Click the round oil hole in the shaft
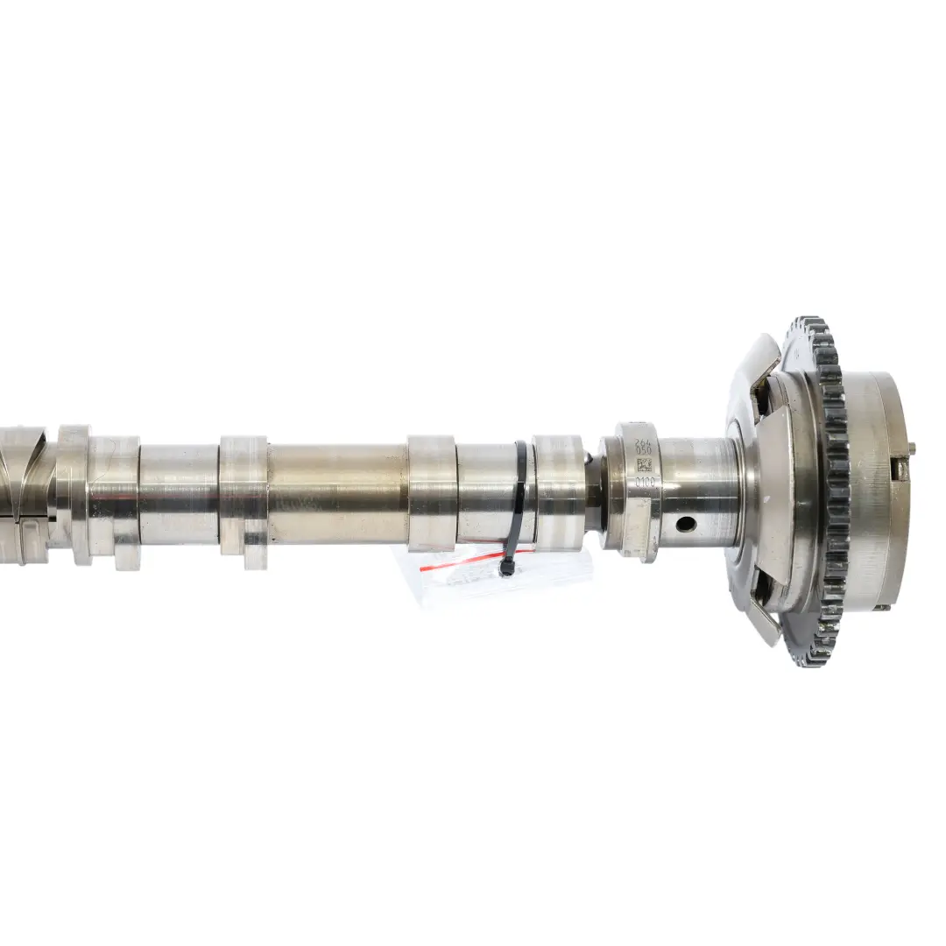point(684,524)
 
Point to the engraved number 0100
point(645,483)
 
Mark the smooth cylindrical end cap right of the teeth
point(876,491)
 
